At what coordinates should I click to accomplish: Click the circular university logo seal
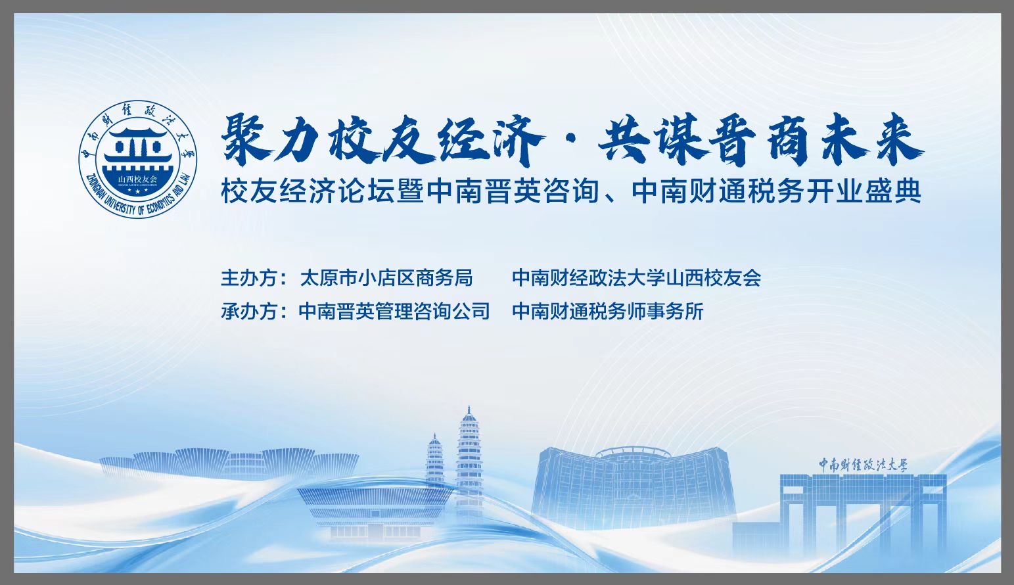tap(138, 158)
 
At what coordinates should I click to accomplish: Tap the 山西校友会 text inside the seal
tap(137, 179)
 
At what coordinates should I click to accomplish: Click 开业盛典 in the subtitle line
tap(867, 192)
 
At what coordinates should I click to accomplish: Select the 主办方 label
tap(248, 277)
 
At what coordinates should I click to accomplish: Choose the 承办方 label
tap(248, 312)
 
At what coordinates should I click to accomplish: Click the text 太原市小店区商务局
tap(386, 277)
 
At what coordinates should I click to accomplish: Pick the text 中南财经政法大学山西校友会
tap(637, 277)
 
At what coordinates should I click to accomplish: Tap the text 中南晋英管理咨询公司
tap(394, 312)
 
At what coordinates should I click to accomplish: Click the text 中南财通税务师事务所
tap(608, 312)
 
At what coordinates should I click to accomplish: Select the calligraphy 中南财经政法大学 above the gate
tap(864, 465)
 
